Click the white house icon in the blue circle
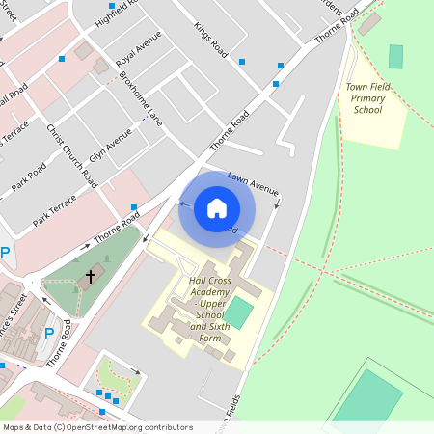[x=217, y=207]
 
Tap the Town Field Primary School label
[x=367, y=98]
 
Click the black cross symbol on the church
[x=91, y=277]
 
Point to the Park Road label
[x=30, y=175]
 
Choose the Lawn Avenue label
[x=253, y=184]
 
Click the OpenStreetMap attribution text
[x=97, y=427]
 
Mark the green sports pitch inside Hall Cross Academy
[x=238, y=312]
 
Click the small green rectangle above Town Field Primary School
[x=395, y=56]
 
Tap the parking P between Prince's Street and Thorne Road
[x=49, y=334]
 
